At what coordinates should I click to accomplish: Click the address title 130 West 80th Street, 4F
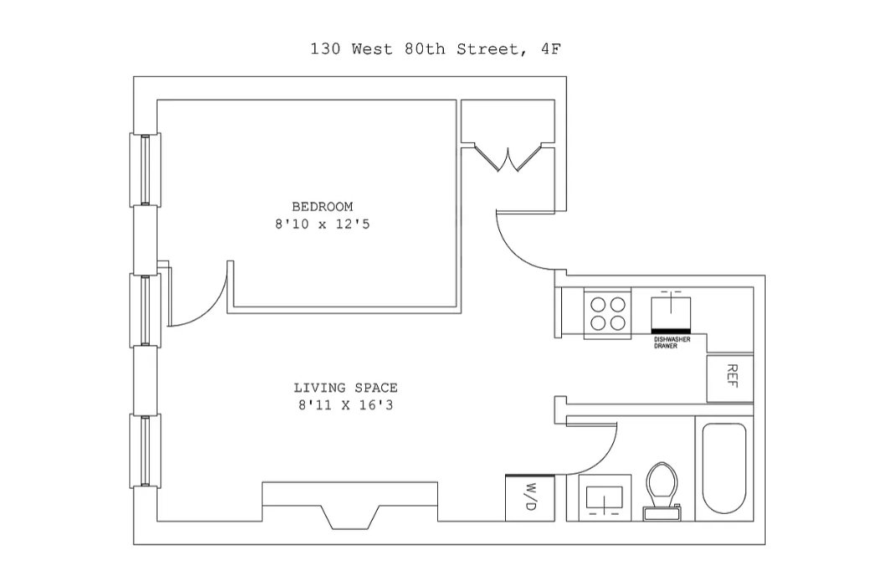pos(435,49)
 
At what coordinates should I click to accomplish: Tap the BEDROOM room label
pos(322,207)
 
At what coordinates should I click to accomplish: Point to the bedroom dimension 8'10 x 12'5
pos(322,224)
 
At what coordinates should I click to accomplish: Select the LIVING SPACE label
pos(345,388)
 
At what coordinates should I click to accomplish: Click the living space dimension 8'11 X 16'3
pos(345,405)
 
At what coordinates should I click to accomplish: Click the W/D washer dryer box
pos(529,497)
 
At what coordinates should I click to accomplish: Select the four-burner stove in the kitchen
pos(608,314)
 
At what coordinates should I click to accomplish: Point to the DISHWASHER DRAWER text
pos(672,342)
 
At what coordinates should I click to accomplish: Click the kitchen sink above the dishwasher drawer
pos(672,310)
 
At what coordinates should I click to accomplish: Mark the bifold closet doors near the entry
pos(507,158)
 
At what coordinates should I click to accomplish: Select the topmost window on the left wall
pos(145,169)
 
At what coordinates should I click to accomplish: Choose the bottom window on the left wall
pos(145,451)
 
